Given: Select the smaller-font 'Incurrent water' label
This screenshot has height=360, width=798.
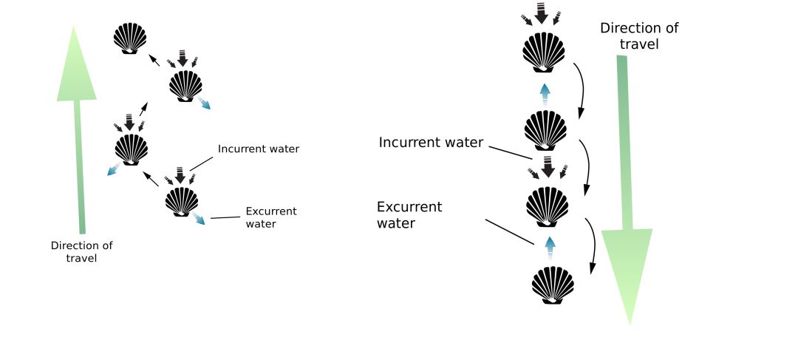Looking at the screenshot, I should [x=258, y=149].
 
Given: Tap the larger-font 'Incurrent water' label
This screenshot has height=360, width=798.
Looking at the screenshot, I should [x=431, y=142].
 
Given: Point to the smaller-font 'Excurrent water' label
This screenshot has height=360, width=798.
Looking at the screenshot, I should [x=270, y=217].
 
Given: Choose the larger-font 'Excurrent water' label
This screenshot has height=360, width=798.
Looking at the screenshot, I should [x=409, y=214].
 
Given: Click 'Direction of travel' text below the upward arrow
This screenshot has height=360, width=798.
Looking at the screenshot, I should [x=81, y=251].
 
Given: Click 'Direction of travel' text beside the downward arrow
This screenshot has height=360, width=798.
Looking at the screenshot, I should [x=639, y=35].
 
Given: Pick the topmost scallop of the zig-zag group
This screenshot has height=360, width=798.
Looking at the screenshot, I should [x=130, y=38].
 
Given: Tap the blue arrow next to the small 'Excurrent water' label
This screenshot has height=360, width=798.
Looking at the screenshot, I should [x=200, y=220].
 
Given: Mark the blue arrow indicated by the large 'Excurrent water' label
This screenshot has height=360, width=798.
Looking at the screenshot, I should [x=549, y=245].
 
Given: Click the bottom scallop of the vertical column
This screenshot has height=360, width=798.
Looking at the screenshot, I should [x=553, y=285].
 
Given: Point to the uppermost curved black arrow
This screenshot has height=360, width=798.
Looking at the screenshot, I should [x=580, y=89].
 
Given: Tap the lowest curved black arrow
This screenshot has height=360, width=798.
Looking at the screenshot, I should [x=592, y=244].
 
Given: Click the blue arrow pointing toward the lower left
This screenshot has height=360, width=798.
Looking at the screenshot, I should [x=113, y=170].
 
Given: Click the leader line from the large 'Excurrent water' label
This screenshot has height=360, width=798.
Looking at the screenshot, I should [x=509, y=231].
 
